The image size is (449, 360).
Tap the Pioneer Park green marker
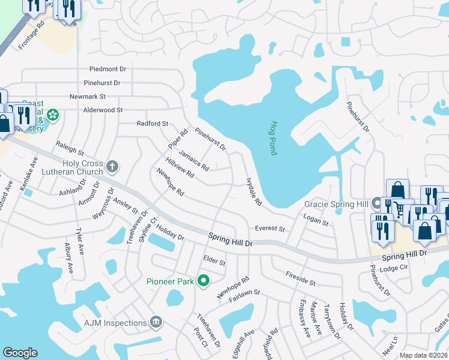203,280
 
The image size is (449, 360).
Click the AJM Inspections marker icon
156,322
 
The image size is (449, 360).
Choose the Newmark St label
88,96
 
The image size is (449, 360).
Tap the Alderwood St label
103,110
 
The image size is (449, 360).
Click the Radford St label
152,124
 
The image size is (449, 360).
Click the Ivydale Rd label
254,191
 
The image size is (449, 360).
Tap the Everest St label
270,229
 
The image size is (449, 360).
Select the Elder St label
214,261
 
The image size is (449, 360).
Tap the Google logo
20,353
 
